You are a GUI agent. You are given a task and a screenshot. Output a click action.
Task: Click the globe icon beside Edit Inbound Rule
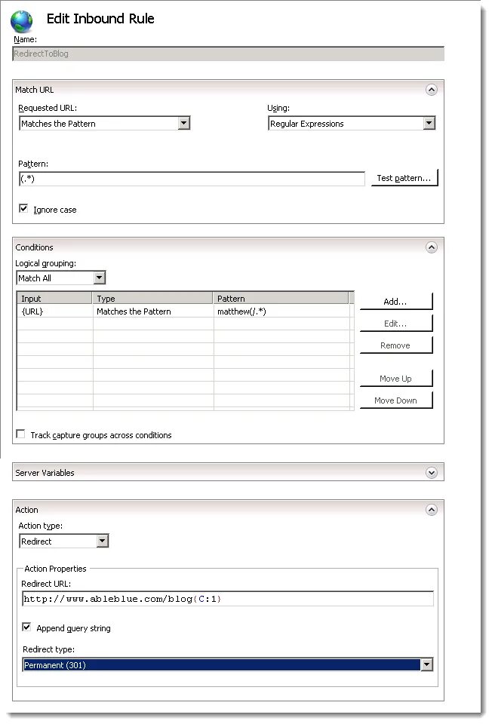pyautogui.click(x=22, y=20)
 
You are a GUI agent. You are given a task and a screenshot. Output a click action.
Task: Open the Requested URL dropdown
pyautogui.click(x=183, y=124)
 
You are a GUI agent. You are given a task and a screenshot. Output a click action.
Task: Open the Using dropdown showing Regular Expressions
pyautogui.click(x=429, y=124)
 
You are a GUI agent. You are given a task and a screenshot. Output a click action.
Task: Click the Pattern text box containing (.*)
pyautogui.click(x=192, y=179)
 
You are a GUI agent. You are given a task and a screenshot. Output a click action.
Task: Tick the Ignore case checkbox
pyautogui.click(x=23, y=209)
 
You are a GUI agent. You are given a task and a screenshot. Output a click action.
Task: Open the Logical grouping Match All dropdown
pyautogui.click(x=99, y=278)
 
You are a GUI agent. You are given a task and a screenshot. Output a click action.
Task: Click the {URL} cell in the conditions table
pyautogui.click(x=54, y=311)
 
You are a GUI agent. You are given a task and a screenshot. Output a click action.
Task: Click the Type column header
pyautogui.click(x=153, y=299)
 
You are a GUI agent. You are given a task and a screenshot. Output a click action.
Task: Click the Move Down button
pyautogui.click(x=395, y=400)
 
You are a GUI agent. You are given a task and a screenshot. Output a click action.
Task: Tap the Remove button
pyautogui.click(x=395, y=345)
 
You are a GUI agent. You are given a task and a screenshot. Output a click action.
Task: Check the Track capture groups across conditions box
pyautogui.click(x=21, y=434)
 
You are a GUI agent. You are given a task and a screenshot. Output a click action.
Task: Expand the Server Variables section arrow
pyautogui.click(x=431, y=473)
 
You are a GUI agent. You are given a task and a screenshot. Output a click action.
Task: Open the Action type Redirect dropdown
pyautogui.click(x=102, y=541)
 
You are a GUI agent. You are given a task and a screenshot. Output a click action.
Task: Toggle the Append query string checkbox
pyautogui.click(x=27, y=627)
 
